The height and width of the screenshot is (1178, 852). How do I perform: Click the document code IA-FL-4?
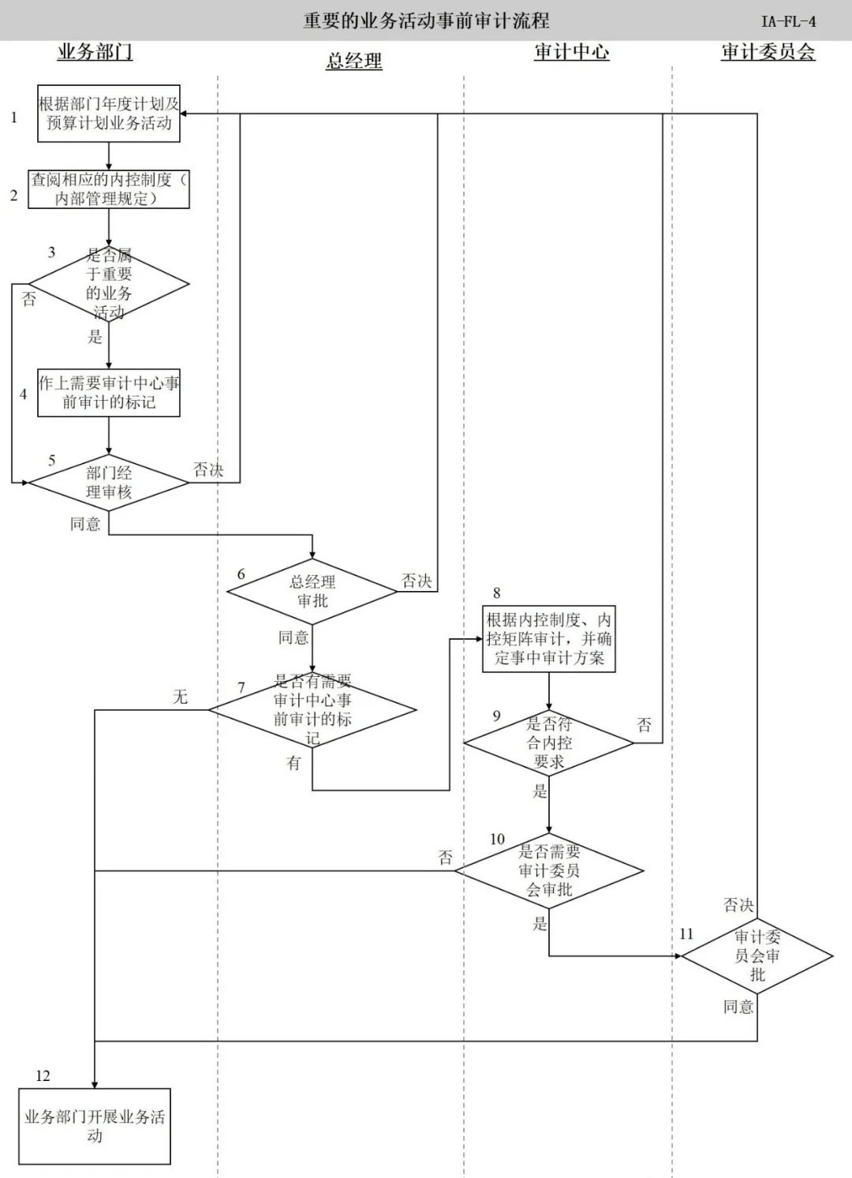point(788,21)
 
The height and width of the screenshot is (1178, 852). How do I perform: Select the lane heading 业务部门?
point(95,52)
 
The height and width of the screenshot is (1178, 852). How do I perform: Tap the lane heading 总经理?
point(353,61)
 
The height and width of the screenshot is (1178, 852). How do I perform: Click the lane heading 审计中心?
point(571,52)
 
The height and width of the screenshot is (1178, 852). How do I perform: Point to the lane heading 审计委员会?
point(767,52)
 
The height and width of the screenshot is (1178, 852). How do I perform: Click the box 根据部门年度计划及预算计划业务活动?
point(109,114)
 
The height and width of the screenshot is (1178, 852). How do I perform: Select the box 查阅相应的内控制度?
point(109,189)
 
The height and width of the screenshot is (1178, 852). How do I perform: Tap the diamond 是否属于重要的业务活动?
point(109,284)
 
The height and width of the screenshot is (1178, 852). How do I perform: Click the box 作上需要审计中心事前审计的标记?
point(109,393)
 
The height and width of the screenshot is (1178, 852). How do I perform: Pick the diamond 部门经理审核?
point(109,482)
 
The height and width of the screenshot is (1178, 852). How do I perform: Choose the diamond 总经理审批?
point(312,592)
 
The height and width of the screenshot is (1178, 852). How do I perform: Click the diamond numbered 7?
point(312,709)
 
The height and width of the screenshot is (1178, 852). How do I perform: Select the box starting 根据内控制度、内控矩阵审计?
point(549,639)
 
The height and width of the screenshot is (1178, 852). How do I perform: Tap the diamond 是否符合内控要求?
point(549,742)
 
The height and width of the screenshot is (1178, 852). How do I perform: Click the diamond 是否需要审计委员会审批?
point(549,871)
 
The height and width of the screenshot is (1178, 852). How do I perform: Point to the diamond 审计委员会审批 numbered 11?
point(757,955)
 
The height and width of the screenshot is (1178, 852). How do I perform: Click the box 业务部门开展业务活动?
point(95,1126)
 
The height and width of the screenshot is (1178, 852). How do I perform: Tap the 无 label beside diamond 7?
point(181,697)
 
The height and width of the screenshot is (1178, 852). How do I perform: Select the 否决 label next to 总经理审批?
point(417,582)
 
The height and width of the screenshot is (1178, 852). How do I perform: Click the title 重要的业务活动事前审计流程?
point(426,21)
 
